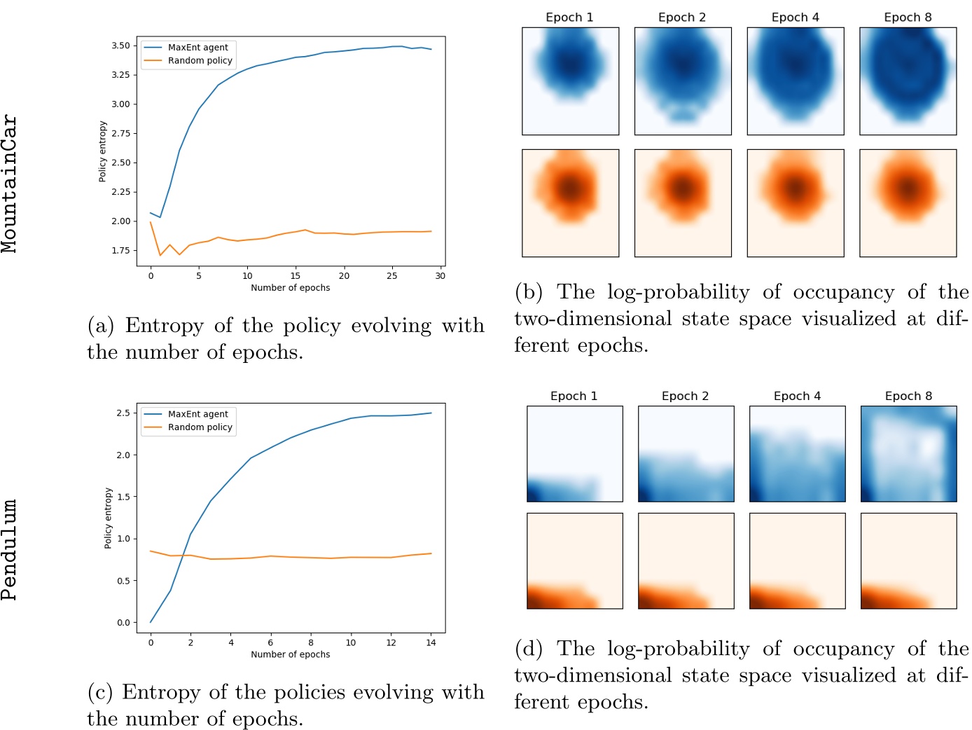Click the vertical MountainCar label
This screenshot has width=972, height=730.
(10, 184)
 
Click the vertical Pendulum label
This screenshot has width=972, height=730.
(10, 550)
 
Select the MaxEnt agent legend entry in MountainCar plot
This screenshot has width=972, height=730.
(197, 48)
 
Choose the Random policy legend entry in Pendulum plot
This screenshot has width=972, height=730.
(200, 427)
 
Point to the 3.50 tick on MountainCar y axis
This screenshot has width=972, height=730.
(120, 46)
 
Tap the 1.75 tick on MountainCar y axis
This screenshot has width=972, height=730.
(120, 250)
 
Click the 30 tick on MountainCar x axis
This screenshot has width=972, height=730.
(440, 276)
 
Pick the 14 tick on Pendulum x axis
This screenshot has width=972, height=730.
(431, 642)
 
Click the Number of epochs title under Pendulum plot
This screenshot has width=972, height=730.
(290, 654)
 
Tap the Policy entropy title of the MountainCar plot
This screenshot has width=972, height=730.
(103, 151)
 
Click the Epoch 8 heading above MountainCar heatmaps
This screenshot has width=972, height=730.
(908, 18)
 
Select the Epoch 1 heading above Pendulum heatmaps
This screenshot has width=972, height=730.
(574, 397)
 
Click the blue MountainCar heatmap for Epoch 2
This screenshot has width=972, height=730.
(683, 81)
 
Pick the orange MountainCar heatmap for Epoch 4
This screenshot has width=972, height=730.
(795, 203)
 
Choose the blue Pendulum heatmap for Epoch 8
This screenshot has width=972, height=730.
(908, 454)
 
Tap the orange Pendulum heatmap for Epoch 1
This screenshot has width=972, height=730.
(574, 561)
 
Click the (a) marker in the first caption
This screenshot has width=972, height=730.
(101, 326)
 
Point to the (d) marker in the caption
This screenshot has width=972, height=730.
(529, 649)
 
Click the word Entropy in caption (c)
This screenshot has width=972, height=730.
(162, 692)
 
